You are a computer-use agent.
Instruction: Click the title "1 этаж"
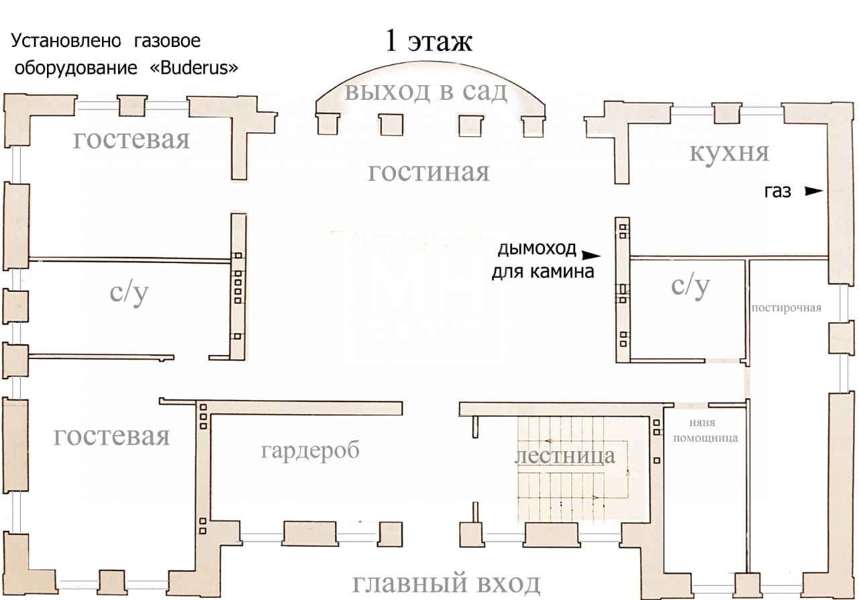(x=429, y=41)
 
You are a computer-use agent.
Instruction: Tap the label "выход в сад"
(x=426, y=91)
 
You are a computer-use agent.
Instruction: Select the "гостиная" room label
(x=429, y=172)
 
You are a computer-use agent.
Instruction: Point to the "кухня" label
(x=729, y=152)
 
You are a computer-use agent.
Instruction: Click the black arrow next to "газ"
(x=813, y=191)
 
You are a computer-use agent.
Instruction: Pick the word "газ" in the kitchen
(x=778, y=192)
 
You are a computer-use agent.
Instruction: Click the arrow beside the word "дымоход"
(x=591, y=255)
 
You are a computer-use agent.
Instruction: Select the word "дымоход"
(x=537, y=249)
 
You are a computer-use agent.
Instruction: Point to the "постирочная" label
(x=787, y=308)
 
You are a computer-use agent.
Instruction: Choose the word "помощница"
(x=705, y=438)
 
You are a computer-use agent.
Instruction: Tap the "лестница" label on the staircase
(x=564, y=456)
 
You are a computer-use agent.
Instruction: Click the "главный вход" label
(x=446, y=584)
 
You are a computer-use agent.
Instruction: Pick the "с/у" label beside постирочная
(x=691, y=285)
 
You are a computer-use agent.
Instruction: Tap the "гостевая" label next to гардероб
(x=111, y=436)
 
